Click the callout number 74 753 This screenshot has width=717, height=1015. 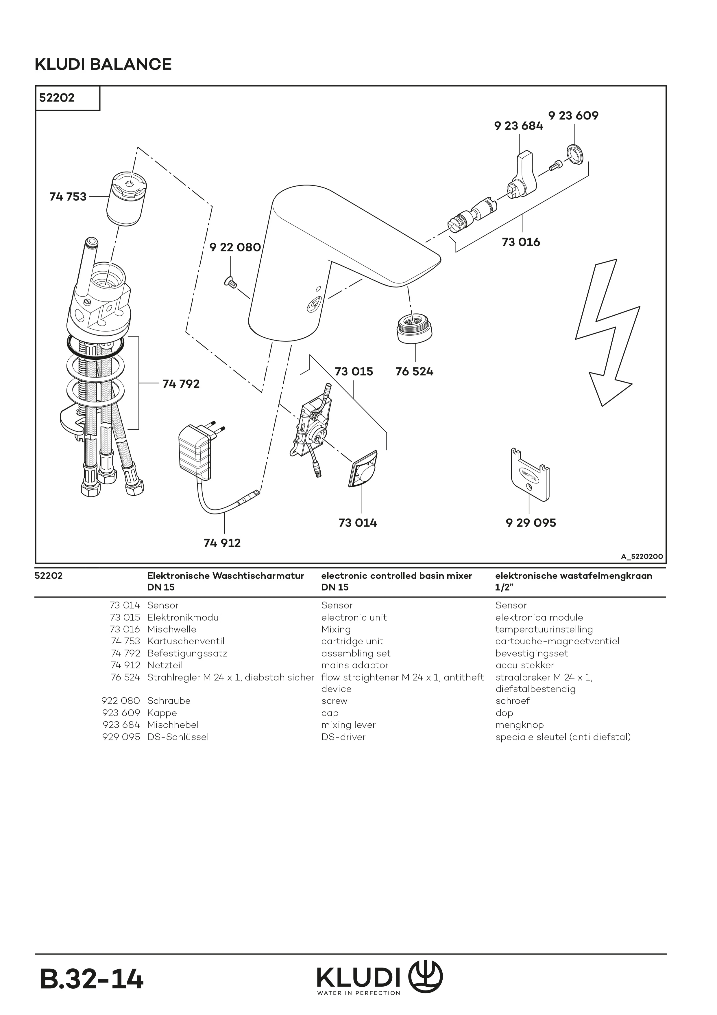click(x=68, y=197)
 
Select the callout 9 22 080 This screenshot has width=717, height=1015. click(x=235, y=247)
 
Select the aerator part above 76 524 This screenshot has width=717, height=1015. click(x=415, y=327)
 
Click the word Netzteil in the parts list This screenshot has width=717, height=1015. click(x=165, y=665)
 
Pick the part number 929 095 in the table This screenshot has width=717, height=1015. click(x=121, y=736)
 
